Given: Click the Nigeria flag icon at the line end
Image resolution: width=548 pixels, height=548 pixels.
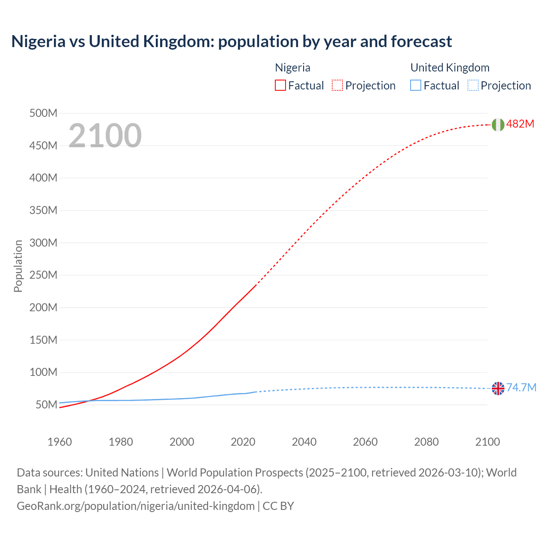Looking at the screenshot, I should [498, 125].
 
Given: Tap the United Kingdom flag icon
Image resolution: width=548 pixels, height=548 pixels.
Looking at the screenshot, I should [498, 388].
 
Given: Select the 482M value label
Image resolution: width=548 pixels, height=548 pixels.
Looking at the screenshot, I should [520, 124].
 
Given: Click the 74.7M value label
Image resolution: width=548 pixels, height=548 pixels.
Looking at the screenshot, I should [521, 388].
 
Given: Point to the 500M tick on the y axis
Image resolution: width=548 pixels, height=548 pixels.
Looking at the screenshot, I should [43, 113].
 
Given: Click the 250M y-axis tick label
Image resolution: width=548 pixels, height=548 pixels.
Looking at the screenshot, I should [43, 275].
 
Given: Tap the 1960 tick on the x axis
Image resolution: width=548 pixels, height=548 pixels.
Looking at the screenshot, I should [60, 442].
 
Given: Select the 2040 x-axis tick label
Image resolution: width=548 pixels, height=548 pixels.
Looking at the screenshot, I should [304, 442].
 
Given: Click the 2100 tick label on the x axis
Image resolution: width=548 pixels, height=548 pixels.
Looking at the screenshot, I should [487, 442].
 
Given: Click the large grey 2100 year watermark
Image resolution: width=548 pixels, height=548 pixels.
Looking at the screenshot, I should [105, 136].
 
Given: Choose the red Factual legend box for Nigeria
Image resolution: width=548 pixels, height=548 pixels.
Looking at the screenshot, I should [280, 86].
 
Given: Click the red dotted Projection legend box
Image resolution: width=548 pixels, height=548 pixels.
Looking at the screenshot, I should [337, 86].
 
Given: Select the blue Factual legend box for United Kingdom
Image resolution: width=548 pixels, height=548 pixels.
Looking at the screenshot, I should [416, 86].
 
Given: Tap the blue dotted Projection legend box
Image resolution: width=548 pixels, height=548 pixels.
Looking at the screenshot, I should [473, 86].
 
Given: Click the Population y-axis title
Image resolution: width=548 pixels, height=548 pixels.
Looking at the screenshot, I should [18, 266].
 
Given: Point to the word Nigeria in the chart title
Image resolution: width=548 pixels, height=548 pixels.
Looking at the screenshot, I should [39, 42].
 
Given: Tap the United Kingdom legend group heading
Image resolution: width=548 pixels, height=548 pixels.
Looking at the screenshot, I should [450, 68].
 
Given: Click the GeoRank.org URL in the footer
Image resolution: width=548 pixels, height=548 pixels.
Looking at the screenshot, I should [136, 506].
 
